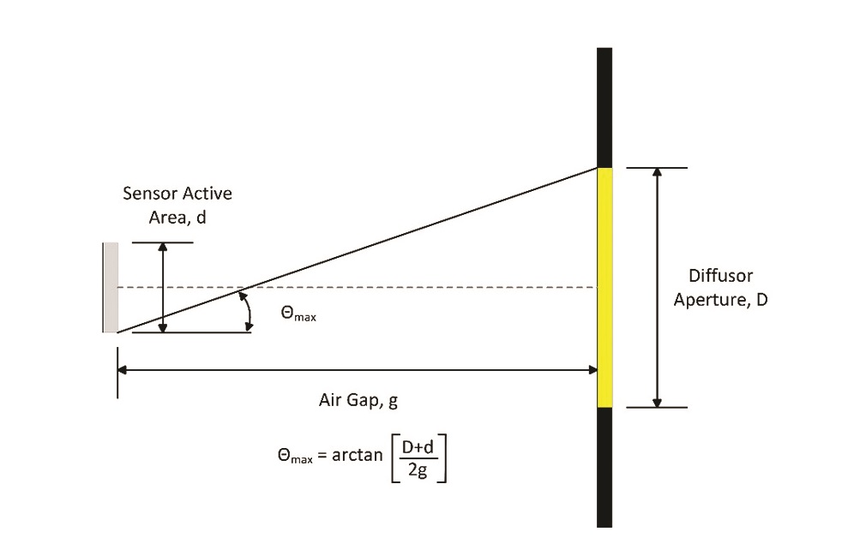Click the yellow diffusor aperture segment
coord(604,287)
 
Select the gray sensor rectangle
coord(110,287)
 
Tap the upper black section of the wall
coord(604,107)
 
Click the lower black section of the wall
coord(604,467)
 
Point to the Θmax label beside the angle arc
coord(298,314)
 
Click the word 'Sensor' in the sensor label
coord(149,193)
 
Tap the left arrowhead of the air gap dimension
coord(123,370)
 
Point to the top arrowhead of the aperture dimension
coord(658,172)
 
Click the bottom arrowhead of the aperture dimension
coord(658,402)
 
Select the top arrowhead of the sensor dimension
coord(163,248)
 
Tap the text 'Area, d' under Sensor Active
coord(177,217)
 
